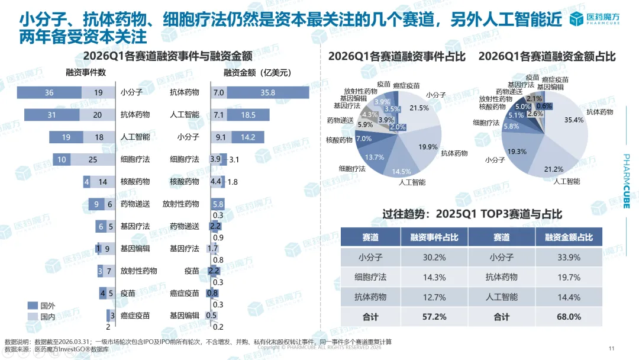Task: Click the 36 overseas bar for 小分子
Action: tap(49, 92)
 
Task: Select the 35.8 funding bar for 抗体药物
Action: tap(267, 92)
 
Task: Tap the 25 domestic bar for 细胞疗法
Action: tap(93, 159)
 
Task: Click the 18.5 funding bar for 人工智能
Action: tap(248, 114)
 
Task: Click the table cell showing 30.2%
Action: tap(434, 257)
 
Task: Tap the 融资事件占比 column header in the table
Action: tap(434, 237)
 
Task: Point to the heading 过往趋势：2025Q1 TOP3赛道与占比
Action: tap(472, 214)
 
